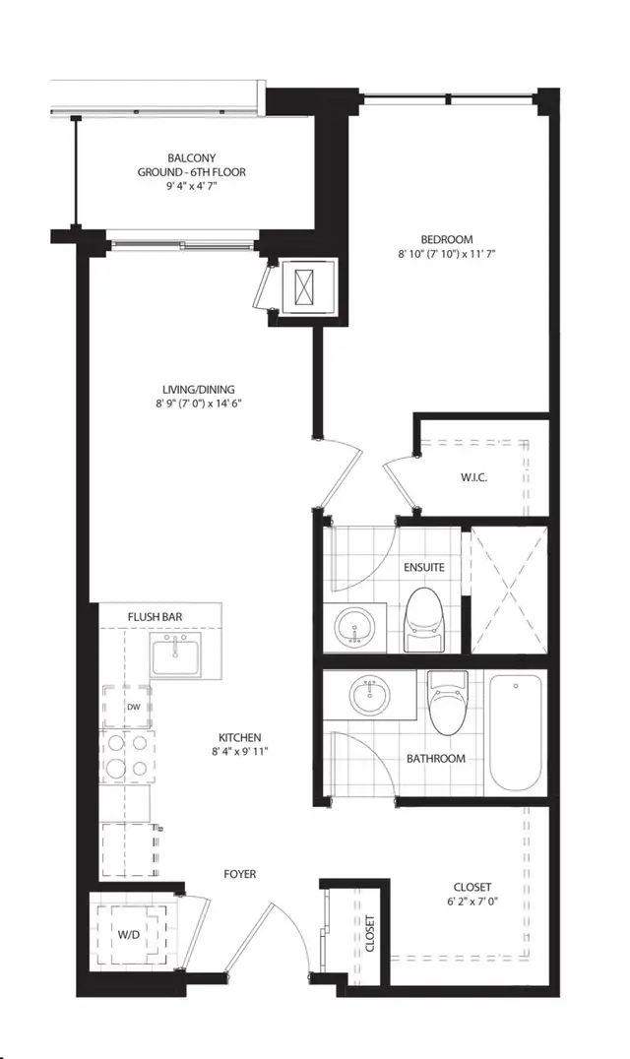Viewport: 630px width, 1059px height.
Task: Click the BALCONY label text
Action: (192, 157)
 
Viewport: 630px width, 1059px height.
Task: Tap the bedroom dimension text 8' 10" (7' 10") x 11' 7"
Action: (446, 254)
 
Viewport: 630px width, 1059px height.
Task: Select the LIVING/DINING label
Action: (199, 389)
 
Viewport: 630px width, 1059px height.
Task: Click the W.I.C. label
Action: (474, 477)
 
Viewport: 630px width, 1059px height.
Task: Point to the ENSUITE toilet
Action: (423, 619)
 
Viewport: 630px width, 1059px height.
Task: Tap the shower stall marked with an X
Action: (509, 590)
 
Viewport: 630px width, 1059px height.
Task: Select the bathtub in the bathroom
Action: (515, 732)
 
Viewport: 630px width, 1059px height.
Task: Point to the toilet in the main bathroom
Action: (448, 703)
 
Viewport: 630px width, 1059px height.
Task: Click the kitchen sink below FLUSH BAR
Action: (175, 655)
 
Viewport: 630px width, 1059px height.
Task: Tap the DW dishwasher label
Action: (133, 707)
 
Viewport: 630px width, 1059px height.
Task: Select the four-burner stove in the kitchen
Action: (127, 756)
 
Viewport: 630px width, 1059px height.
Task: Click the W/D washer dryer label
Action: (128, 935)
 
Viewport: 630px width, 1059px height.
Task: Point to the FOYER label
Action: (240, 874)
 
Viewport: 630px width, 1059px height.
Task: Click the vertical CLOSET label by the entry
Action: (369, 933)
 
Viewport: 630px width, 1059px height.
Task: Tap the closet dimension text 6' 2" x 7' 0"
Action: (472, 901)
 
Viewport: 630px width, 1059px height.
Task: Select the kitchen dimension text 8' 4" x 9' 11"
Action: (240, 751)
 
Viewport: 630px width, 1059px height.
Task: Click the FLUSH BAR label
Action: (155, 617)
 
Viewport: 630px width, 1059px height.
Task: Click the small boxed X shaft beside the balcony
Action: (307, 287)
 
